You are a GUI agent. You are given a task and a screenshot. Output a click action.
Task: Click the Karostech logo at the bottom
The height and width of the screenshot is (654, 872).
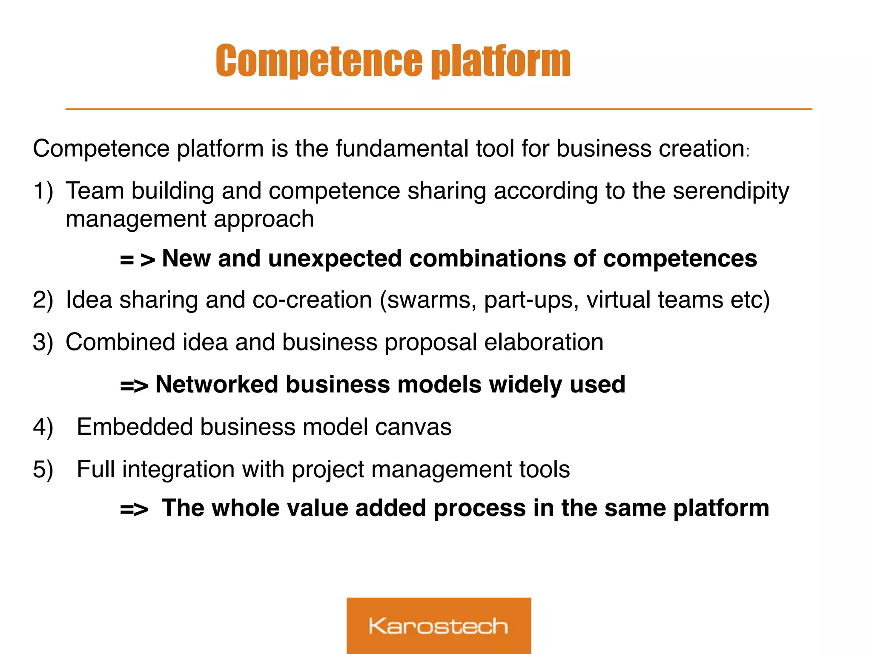pos(439,625)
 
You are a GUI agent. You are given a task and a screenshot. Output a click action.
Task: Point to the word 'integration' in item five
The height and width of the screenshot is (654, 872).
pos(178,469)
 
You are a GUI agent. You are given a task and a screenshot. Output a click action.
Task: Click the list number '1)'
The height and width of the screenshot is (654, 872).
pos(43,191)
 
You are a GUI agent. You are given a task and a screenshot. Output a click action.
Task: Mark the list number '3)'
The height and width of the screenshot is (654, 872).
pos(43,342)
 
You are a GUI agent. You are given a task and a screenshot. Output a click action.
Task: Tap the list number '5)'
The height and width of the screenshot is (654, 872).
pos(43,469)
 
